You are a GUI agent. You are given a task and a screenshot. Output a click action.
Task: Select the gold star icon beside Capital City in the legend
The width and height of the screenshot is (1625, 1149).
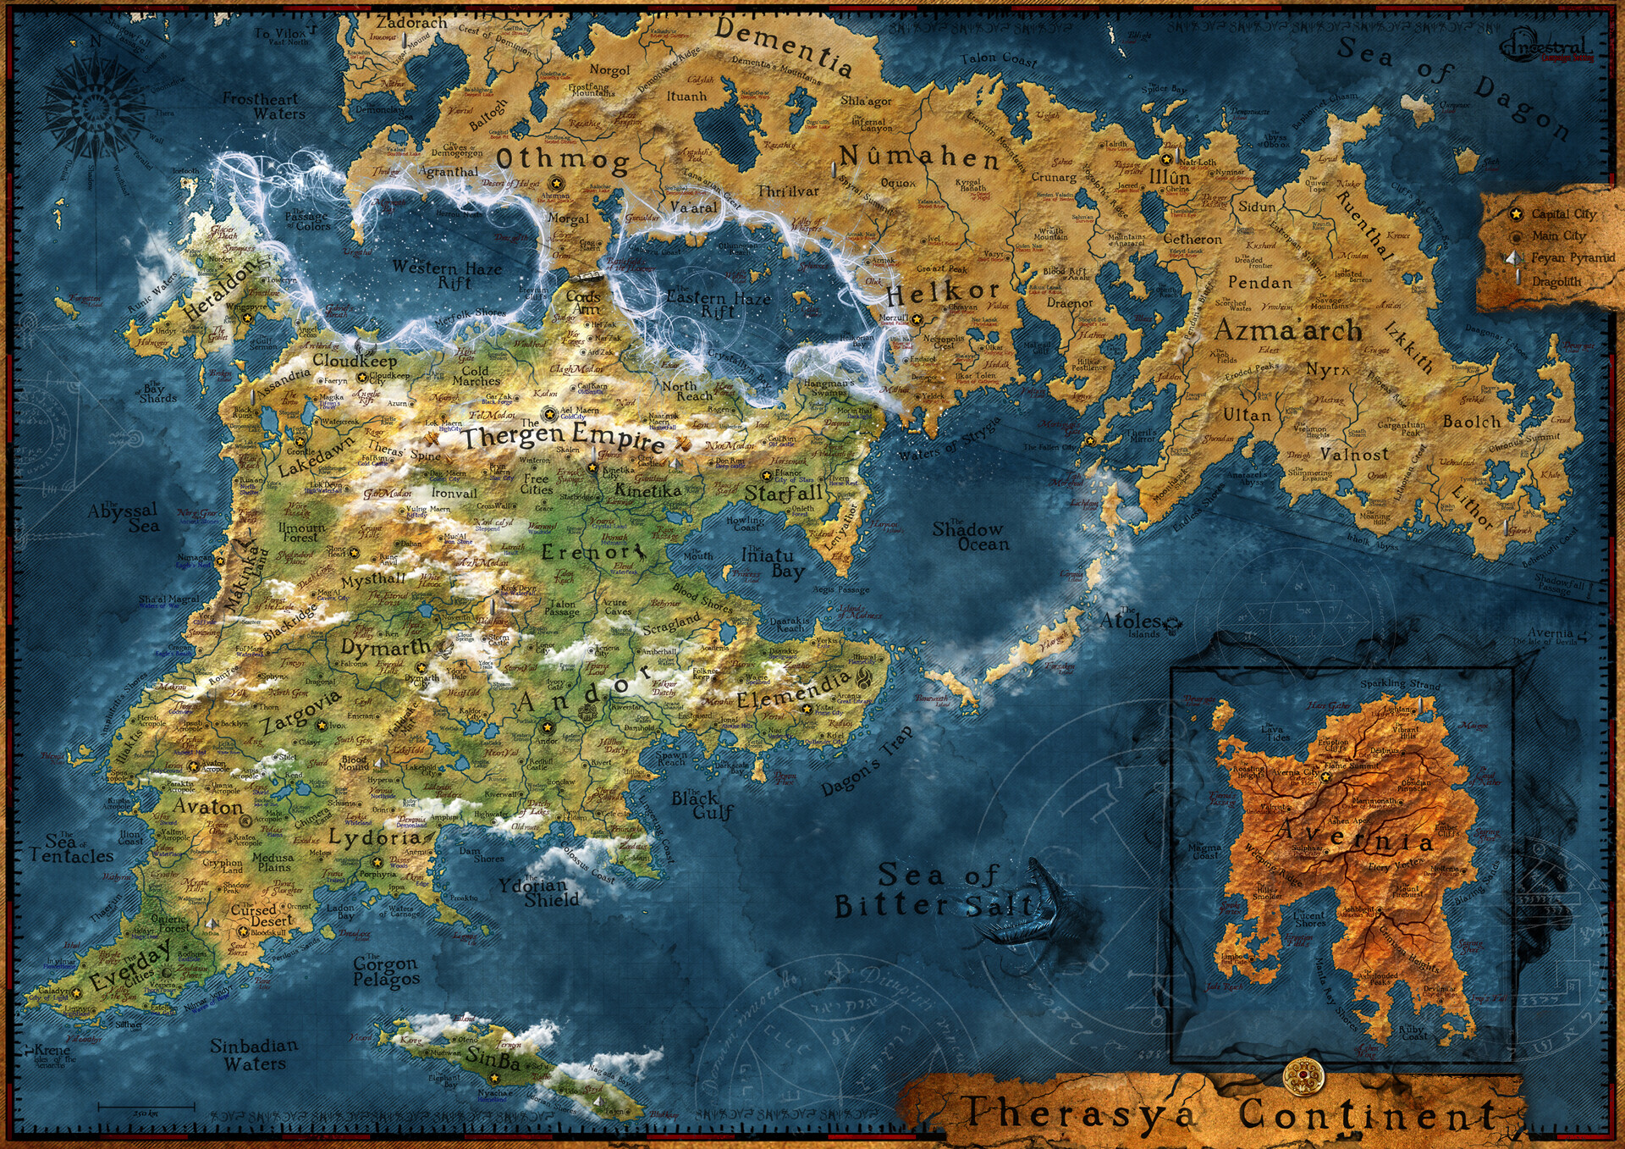point(1516,214)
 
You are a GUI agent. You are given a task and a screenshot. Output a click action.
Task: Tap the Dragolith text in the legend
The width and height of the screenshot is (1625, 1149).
point(1556,281)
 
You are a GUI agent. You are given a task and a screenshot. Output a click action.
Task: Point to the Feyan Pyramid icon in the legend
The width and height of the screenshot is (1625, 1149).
point(1515,257)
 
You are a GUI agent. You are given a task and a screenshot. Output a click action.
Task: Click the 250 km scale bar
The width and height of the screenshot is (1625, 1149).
point(146,1107)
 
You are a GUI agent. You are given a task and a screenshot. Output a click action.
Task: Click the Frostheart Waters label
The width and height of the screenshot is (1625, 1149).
point(263,106)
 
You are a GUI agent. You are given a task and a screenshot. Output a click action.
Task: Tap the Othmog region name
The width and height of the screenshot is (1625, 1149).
point(563,159)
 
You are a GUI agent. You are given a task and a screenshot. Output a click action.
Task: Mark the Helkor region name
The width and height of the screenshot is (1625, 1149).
point(943,293)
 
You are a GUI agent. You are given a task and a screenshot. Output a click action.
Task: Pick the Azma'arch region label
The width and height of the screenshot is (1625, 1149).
point(1287,330)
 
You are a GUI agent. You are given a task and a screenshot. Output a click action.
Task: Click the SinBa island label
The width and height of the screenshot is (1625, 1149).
point(493,1058)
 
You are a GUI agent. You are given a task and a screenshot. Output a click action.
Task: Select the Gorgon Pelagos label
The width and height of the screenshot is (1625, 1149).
point(385,971)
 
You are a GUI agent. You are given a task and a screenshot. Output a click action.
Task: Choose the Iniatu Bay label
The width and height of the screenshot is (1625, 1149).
point(768,563)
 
